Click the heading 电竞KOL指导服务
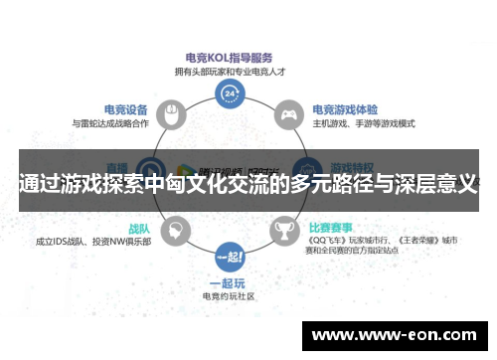click(229, 59)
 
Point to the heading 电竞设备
click(127, 109)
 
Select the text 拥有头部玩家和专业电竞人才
click(230, 73)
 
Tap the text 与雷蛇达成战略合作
click(110, 123)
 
